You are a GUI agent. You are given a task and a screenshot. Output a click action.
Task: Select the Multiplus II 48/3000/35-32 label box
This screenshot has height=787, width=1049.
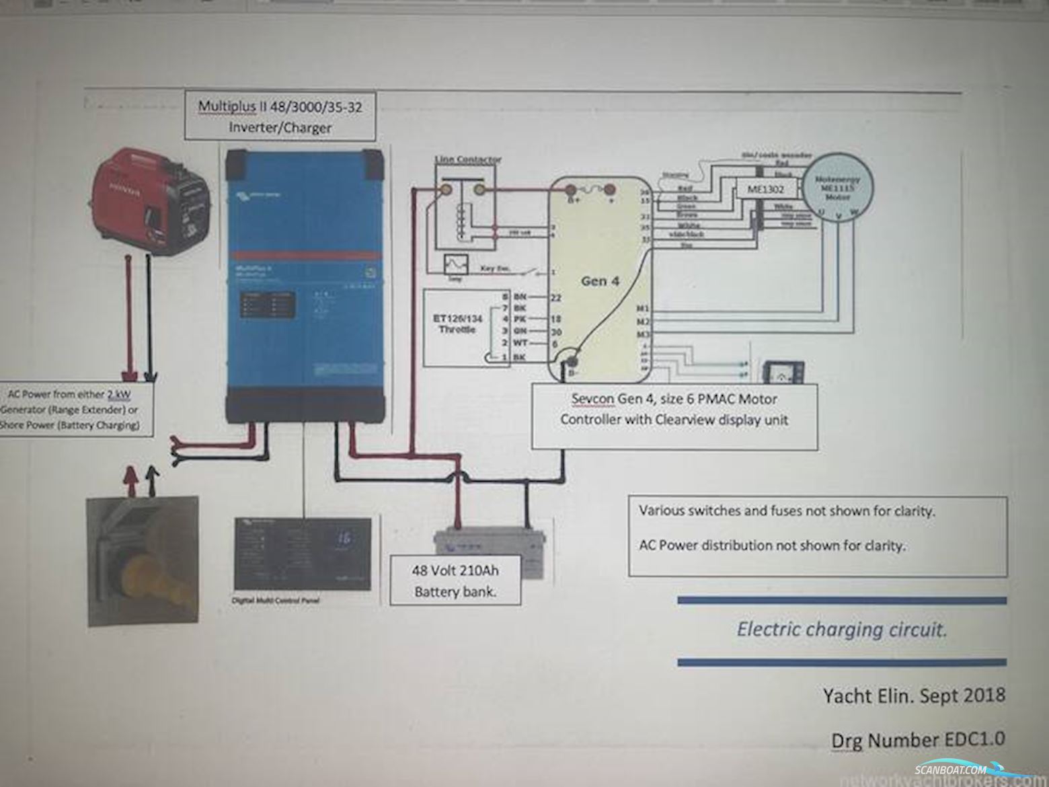280,116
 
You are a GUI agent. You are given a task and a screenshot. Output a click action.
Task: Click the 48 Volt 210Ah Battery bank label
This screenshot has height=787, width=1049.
455,580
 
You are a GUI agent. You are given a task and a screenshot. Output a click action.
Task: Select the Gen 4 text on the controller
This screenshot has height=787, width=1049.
600,280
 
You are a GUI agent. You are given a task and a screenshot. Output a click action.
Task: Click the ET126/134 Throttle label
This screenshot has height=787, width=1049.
457,324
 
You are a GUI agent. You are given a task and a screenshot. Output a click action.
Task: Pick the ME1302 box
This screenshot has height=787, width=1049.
767,189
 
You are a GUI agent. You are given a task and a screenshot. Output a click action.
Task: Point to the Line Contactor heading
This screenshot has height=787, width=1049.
468,159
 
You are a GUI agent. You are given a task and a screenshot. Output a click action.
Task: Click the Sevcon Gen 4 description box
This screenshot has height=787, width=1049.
674,410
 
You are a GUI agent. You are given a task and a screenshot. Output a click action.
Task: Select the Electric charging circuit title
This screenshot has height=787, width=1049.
842,630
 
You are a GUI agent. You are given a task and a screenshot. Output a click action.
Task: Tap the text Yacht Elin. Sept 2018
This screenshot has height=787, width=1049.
914,694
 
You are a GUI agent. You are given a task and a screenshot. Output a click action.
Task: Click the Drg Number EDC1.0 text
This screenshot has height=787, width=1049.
918,739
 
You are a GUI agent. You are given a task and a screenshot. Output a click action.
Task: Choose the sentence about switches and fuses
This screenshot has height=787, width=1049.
786,511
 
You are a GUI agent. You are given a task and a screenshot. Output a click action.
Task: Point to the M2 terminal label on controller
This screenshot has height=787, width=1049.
643,322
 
